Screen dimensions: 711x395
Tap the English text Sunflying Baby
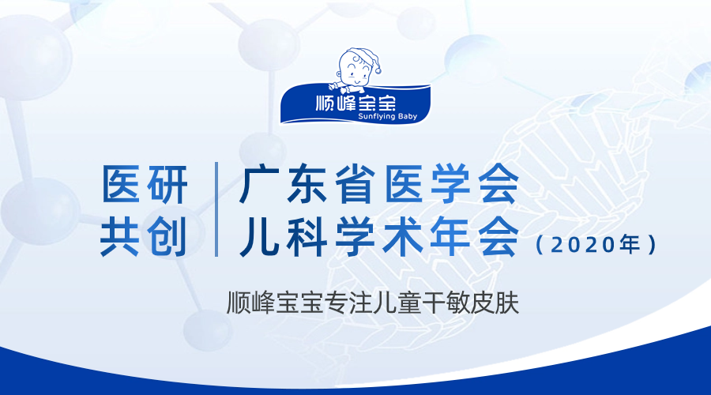(x=387, y=117)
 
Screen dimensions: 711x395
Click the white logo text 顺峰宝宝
(x=356, y=102)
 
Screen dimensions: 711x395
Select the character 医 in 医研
(x=120, y=183)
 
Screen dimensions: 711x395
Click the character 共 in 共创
(x=120, y=236)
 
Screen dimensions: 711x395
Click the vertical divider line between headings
(x=216, y=209)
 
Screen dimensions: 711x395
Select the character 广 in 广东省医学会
(x=260, y=184)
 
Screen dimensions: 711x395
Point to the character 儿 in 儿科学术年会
(x=260, y=237)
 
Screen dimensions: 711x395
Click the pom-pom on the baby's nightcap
(x=378, y=70)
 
